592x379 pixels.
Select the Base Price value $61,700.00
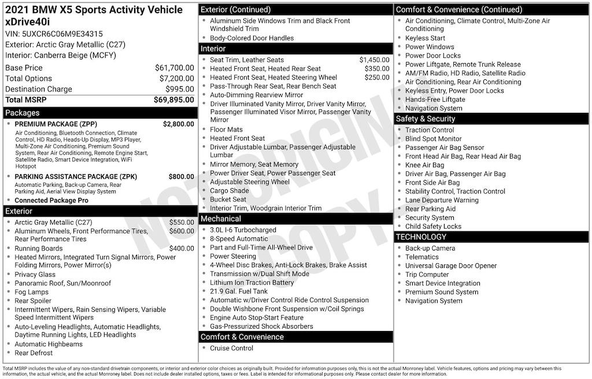[174, 68]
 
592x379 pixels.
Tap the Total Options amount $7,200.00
[176, 78]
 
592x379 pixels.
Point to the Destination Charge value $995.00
[179, 89]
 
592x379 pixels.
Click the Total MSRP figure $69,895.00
[173, 100]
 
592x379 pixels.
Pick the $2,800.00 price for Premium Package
[178, 124]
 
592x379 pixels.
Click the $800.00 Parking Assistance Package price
[181, 176]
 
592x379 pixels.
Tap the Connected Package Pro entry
[51, 200]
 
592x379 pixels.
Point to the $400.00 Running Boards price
[181, 248]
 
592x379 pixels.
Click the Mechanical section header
[220, 219]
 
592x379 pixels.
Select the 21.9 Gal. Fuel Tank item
[239, 291]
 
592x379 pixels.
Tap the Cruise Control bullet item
[231, 348]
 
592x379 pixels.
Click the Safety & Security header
[425, 119]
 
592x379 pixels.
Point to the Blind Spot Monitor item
[433, 139]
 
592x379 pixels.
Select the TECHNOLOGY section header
[421, 237]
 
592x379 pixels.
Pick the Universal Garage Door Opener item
[451, 266]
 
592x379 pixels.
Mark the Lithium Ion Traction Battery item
[251, 282]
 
